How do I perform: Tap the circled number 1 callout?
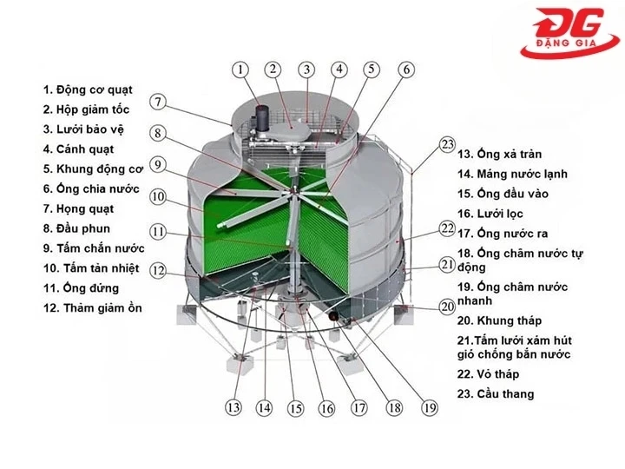[x=240, y=69]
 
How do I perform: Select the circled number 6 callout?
[x=405, y=69]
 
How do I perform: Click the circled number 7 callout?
[x=157, y=102]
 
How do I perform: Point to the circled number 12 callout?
[x=157, y=270]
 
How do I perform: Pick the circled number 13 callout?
[x=234, y=406]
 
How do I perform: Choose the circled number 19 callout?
[x=429, y=406]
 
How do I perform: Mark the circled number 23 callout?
[x=447, y=144]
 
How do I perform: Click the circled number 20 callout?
[x=447, y=306]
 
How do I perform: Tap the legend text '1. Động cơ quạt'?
[x=100, y=89]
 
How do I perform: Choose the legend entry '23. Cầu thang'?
[x=496, y=393]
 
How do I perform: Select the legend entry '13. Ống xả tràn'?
[x=499, y=154]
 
